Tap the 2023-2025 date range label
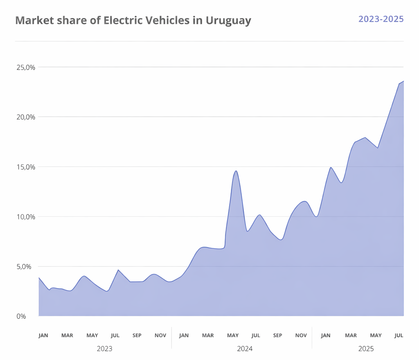click(x=381, y=19)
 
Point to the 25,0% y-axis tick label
click(x=25, y=67)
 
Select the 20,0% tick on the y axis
click(x=25, y=117)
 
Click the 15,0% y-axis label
click(x=25, y=167)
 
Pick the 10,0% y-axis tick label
click(x=25, y=217)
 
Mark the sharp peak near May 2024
click(x=236, y=171)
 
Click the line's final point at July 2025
click(x=403, y=81)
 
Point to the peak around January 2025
click(x=331, y=167)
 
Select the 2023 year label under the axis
click(x=104, y=349)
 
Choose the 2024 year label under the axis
click(x=245, y=349)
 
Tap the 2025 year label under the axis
click(x=366, y=349)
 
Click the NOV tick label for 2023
click(x=160, y=335)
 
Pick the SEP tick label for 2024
click(x=277, y=335)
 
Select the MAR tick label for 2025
click(x=351, y=335)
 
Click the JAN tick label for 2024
click(x=184, y=335)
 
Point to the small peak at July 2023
click(x=118, y=270)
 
